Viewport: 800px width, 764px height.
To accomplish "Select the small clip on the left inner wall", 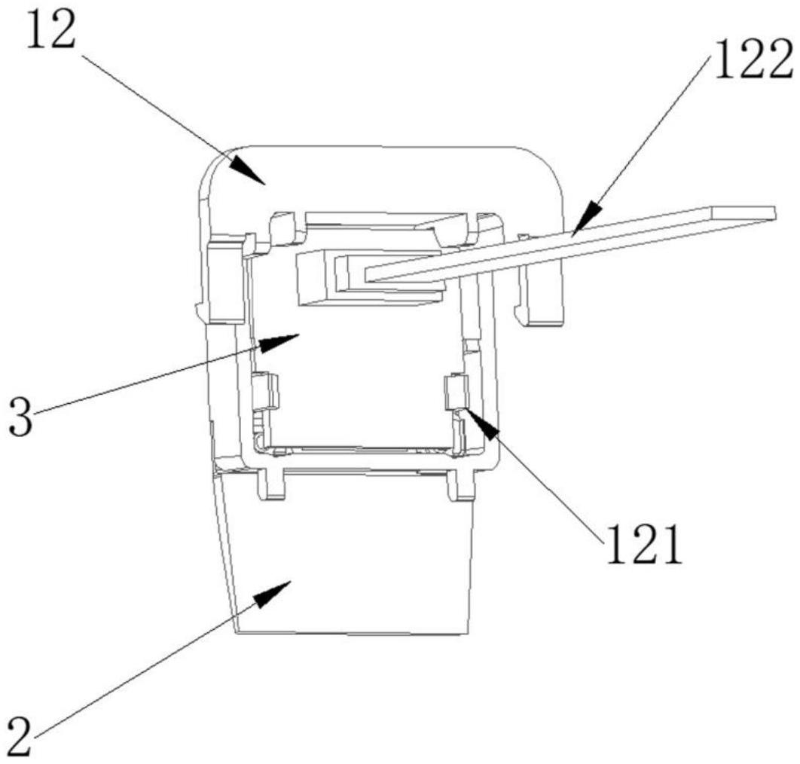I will (265, 392).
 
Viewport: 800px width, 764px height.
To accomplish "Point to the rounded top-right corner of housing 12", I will (550, 162).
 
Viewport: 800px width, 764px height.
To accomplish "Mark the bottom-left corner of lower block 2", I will (237, 631).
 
